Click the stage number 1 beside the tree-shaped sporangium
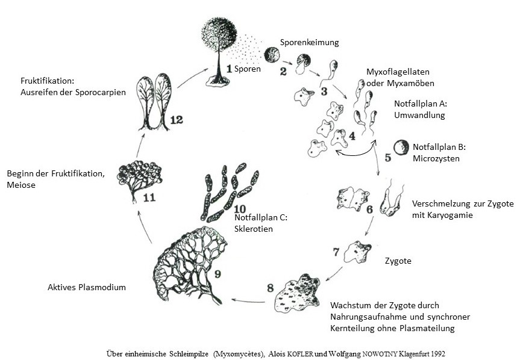click(230, 69)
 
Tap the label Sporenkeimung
click(310, 43)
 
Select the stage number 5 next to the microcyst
click(387, 158)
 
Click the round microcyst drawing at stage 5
click(399, 146)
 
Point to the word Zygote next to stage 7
click(398, 261)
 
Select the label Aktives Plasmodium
click(87, 287)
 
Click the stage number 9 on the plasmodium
click(217, 275)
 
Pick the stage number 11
click(149, 196)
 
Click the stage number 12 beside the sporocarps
click(176, 120)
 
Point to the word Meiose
click(21, 185)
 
